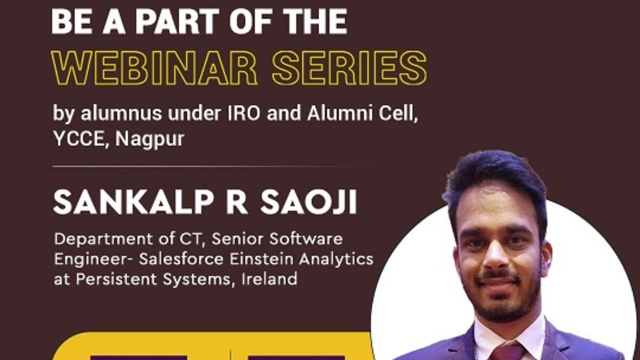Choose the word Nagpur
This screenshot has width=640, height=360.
point(149,139)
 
